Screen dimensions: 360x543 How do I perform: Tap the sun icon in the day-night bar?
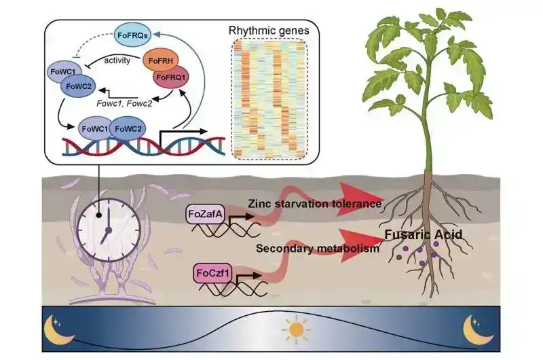click(x=293, y=331)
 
